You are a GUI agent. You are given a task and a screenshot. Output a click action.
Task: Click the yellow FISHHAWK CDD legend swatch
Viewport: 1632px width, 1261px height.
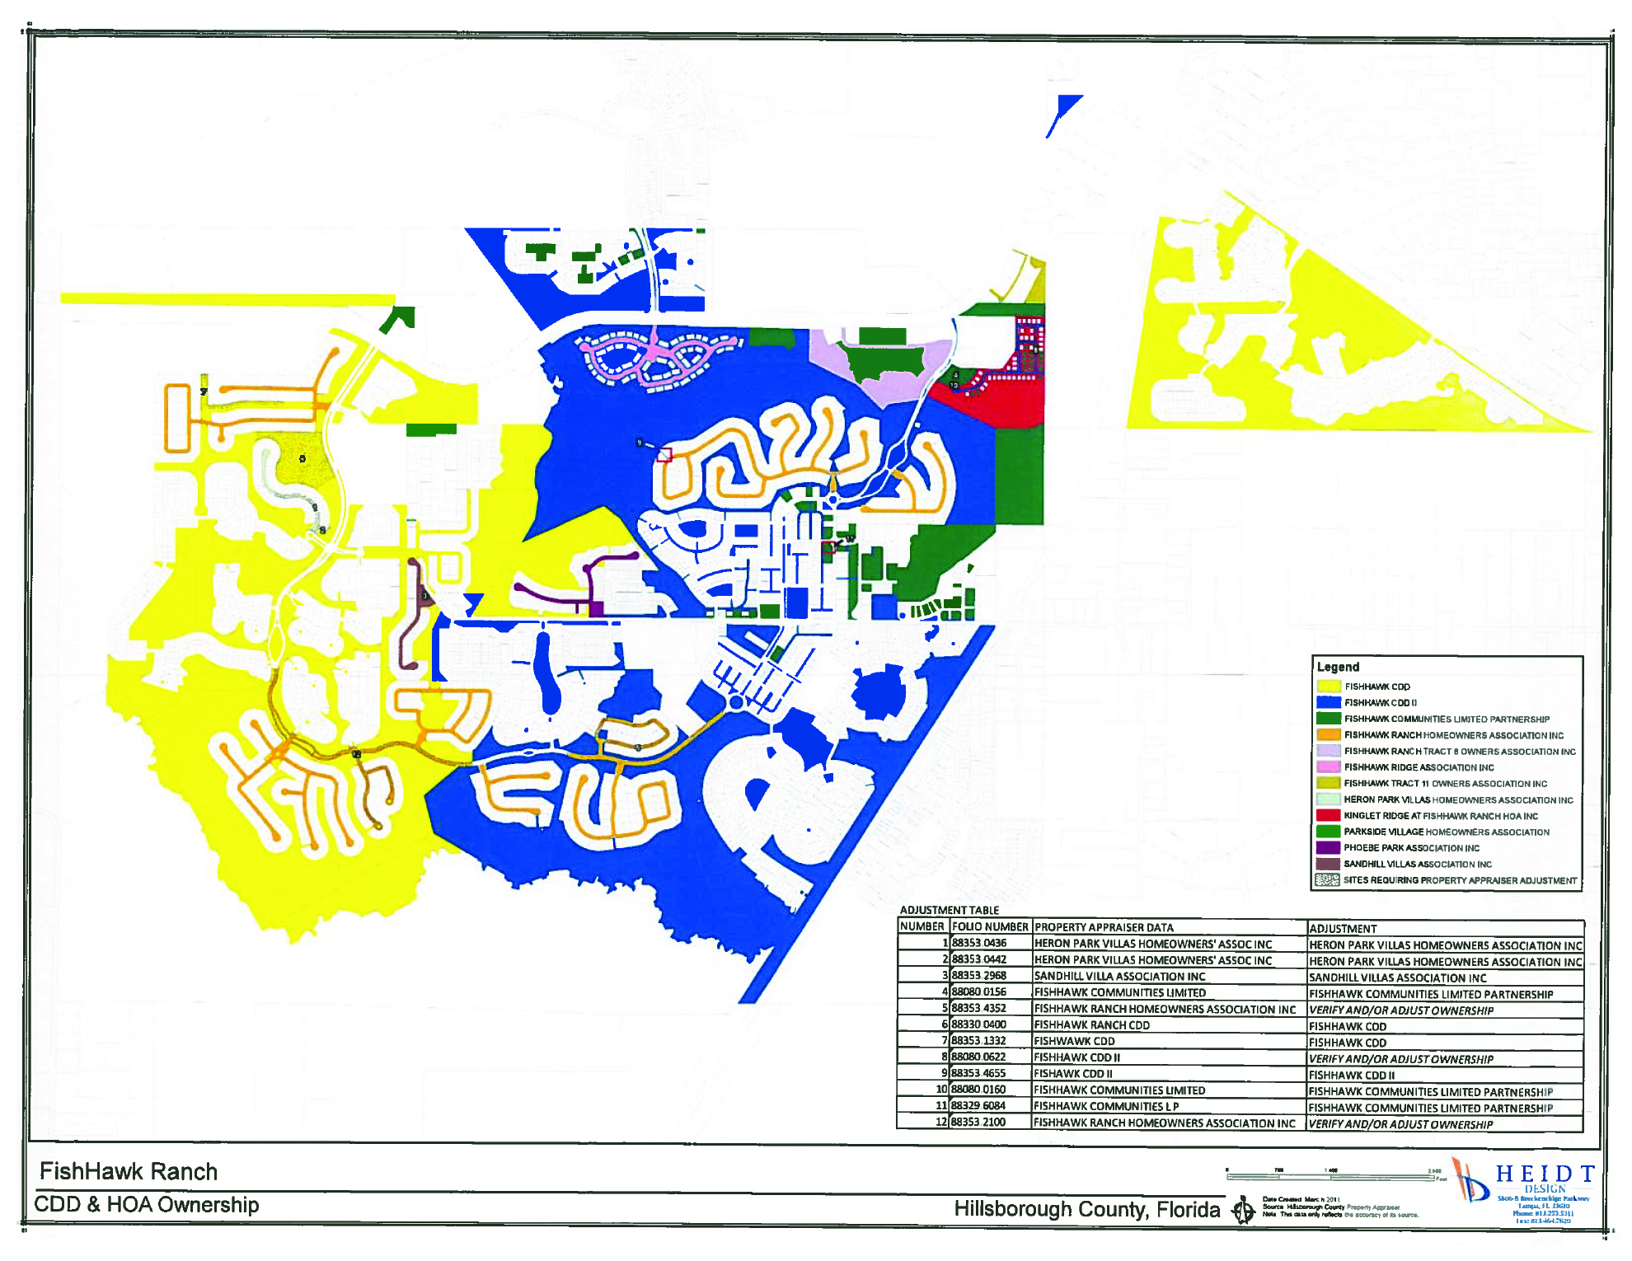(x=1328, y=687)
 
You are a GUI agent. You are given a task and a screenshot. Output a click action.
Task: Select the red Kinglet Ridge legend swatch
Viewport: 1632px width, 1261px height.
(x=1328, y=815)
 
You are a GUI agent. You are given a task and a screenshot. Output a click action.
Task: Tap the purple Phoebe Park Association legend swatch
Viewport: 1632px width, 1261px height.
(x=1328, y=847)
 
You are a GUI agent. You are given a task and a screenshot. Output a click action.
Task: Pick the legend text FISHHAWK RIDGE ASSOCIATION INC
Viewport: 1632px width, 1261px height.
(x=1419, y=767)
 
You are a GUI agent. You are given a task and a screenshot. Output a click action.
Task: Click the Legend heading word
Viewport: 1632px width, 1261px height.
(x=1338, y=667)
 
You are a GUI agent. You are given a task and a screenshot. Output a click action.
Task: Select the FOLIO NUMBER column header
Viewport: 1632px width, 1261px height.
(x=990, y=927)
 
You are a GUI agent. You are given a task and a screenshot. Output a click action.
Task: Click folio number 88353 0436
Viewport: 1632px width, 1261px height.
(x=979, y=943)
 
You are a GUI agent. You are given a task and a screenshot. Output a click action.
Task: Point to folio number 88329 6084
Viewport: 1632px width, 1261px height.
(x=978, y=1106)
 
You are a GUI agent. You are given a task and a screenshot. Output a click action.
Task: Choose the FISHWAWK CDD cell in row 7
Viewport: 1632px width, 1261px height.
(x=1074, y=1041)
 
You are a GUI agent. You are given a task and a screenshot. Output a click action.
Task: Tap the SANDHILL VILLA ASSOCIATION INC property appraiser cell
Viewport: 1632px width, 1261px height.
(x=1119, y=976)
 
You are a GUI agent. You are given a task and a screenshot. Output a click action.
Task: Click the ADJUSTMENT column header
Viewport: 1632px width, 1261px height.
(x=1343, y=929)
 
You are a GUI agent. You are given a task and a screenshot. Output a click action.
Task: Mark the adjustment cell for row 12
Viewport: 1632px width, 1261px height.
(x=1400, y=1124)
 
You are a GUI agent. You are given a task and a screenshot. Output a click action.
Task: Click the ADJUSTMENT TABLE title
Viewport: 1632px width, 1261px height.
(x=949, y=910)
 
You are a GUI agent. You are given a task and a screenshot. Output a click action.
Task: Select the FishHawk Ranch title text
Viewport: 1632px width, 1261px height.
(x=129, y=1171)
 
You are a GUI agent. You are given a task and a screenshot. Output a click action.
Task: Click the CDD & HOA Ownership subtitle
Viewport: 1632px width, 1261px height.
(x=147, y=1205)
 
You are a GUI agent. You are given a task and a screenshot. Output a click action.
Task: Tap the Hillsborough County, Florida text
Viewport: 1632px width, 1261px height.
(x=1086, y=1209)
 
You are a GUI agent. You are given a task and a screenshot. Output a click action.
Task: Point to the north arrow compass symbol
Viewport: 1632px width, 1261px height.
(x=1243, y=1211)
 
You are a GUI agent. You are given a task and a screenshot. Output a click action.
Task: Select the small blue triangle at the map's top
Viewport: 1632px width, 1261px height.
(x=1064, y=111)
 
